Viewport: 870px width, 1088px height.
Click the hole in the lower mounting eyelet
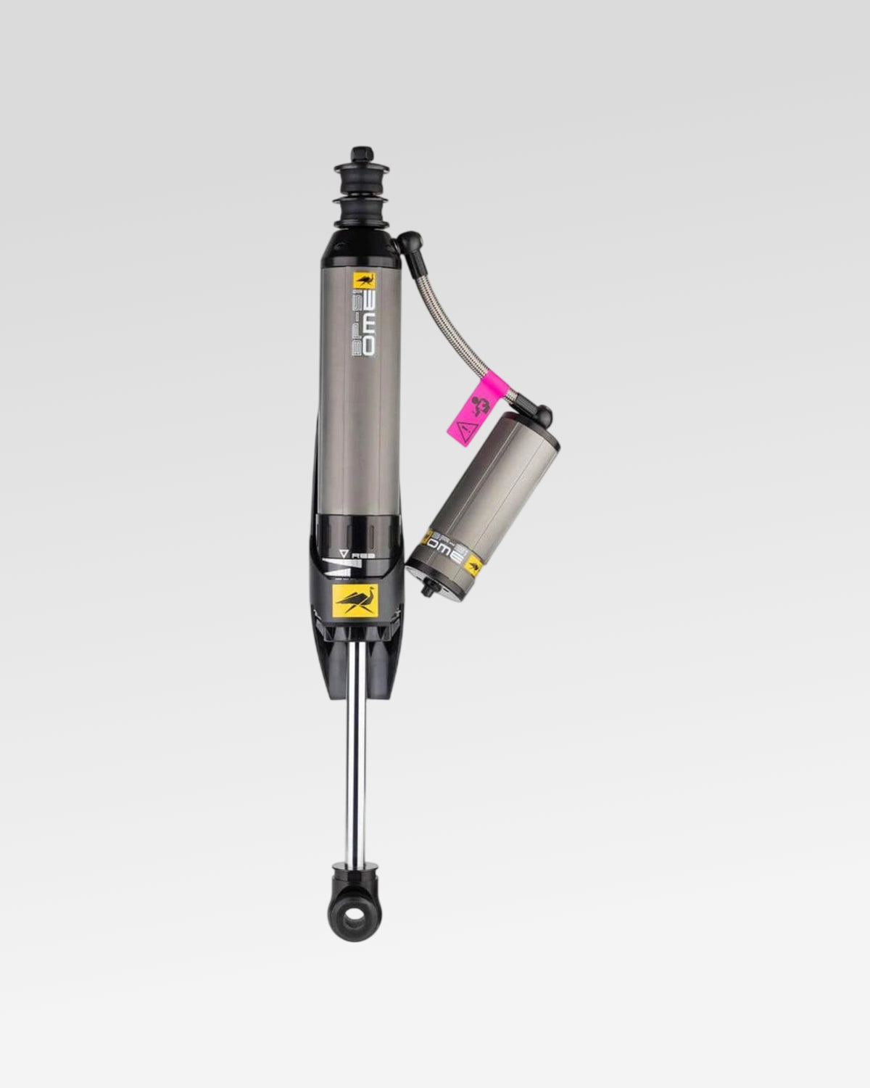coord(355,918)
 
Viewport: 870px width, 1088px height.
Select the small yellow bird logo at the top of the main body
coord(362,281)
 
